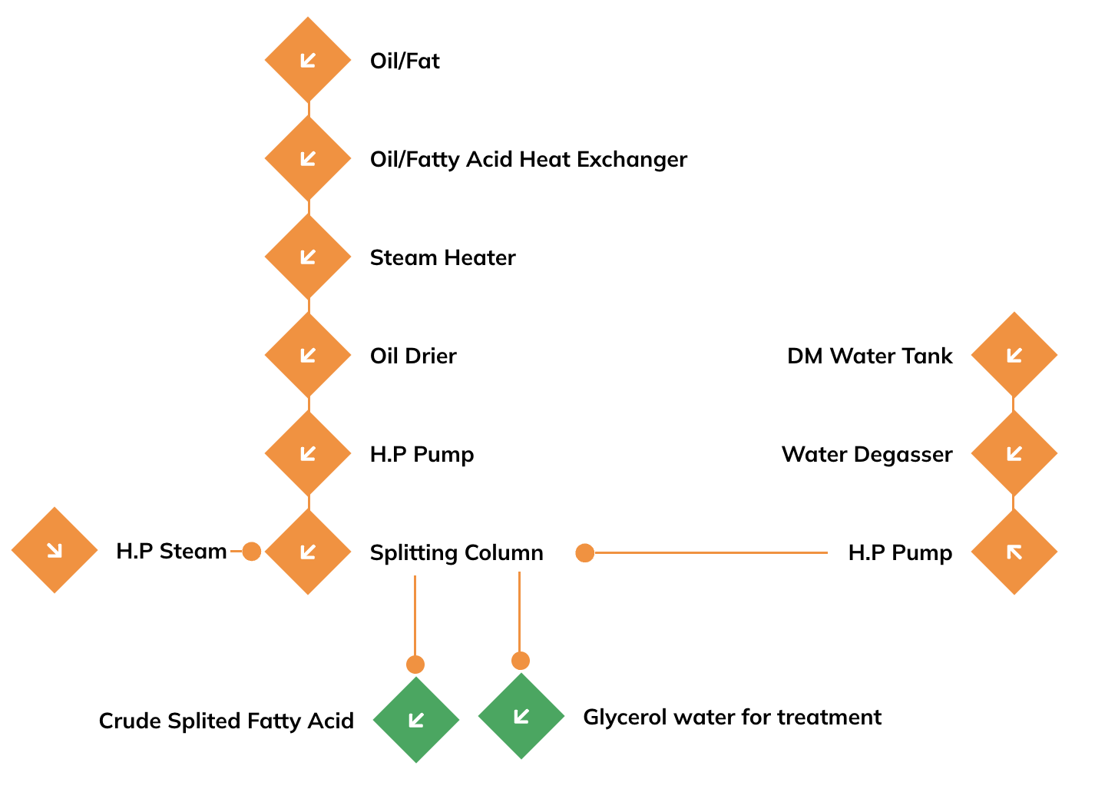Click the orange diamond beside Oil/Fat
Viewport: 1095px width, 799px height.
click(x=308, y=60)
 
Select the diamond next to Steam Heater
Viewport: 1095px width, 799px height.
click(x=308, y=257)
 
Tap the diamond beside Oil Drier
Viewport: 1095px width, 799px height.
click(x=308, y=355)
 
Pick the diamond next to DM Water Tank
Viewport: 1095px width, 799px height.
click(x=1014, y=355)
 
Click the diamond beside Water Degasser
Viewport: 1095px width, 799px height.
click(x=1014, y=453)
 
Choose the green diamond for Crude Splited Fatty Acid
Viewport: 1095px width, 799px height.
click(x=416, y=720)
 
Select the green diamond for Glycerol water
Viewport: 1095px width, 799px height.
click(x=521, y=716)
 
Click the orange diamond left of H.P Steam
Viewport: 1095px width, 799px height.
click(x=55, y=550)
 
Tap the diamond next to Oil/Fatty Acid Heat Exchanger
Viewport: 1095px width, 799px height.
click(x=308, y=158)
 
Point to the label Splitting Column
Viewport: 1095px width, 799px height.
click(x=457, y=553)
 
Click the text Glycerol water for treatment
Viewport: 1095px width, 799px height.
click(x=733, y=718)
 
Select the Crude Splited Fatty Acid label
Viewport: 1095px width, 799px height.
click(x=227, y=721)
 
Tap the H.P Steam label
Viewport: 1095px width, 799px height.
click(x=171, y=551)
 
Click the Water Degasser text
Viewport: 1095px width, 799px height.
click(x=867, y=455)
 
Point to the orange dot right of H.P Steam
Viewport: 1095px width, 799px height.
click(x=252, y=552)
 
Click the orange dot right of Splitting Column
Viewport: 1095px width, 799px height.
click(x=584, y=553)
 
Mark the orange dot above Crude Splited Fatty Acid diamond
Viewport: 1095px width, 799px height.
click(x=415, y=665)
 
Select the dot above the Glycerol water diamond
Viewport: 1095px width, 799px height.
click(x=521, y=661)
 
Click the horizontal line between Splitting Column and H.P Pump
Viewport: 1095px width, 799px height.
click(x=711, y=553)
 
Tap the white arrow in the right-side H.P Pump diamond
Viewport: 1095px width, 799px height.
click(x=1014, y=552)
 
